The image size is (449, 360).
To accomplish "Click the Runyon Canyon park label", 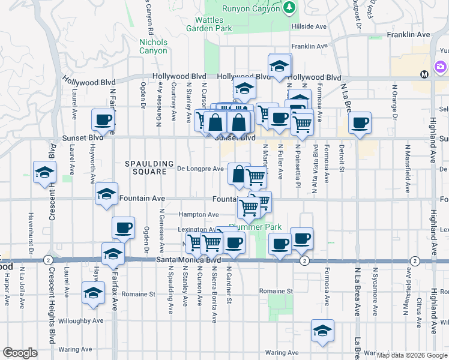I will pyautogui.click(x=251, y=8).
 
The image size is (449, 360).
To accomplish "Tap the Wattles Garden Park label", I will pyautogui.click(x=209, y=24).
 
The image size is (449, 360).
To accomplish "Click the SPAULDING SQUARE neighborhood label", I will pyautogui.click(x=145, y=167).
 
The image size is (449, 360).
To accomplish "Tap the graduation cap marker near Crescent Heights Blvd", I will pyautogui.click(x=45, y=173).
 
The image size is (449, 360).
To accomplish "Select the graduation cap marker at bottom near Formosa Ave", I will pyautogui.click(x=322, y=331).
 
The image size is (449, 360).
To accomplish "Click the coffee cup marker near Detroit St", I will pyautogui.click(x=360, y=123).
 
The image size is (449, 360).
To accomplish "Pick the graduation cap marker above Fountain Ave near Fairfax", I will pyautogui.click(x=106, y=194).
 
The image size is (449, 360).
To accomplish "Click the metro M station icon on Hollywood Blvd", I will pyautogui.click(x=424, y=74).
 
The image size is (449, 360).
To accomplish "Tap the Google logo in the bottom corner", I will pyautogui.click(x=20, y=353).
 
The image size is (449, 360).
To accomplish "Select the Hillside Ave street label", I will pyautogui.click(x=309, y=27).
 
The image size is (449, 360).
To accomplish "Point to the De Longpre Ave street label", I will pyautogui.click(x=201, y=169).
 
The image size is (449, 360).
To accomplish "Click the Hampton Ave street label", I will pyautogui.click(x=197, y=214).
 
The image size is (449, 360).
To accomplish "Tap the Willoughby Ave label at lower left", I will pyautogui.click(x=79, y=320).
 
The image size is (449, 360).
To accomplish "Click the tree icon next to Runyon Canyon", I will pyautogui.click(x=291, y=7).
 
